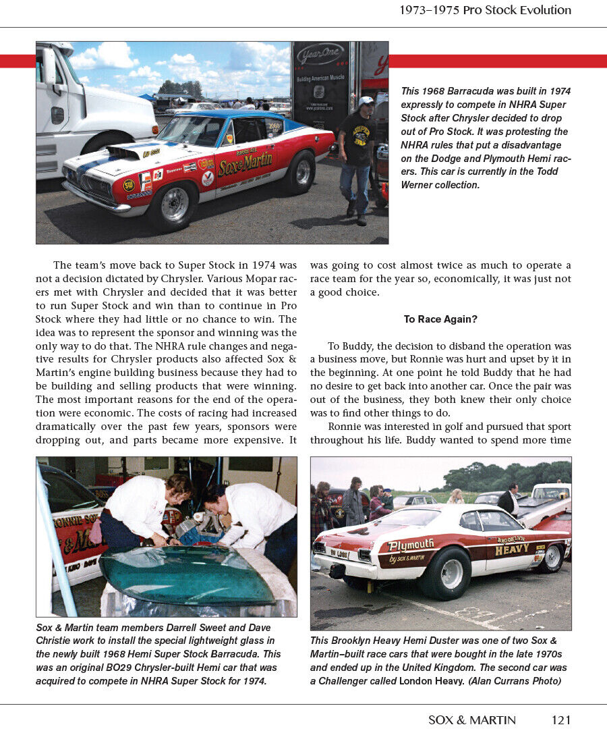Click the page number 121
[560, 720]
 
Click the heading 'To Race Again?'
[440, 319]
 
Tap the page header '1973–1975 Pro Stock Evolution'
[485, 10]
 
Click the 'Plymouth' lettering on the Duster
[411, 545]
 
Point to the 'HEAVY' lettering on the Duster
[512, 550]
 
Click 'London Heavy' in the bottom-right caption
[428, 680]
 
